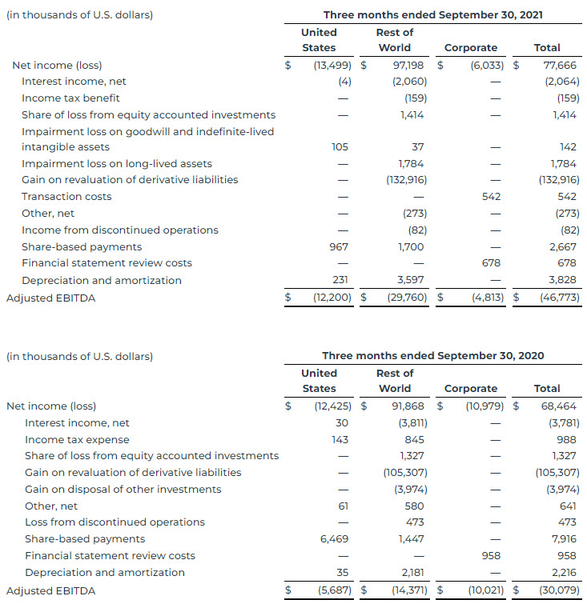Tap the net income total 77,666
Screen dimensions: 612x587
click(560, 65)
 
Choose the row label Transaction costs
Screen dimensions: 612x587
click(66, 196)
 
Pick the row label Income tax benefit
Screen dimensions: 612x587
click(70, 98)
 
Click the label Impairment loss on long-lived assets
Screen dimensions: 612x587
click(117, 163)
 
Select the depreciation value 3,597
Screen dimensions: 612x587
click(411, 280)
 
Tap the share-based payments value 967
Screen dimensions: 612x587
click(339, 246)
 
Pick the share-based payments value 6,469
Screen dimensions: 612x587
click(333, 538)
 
